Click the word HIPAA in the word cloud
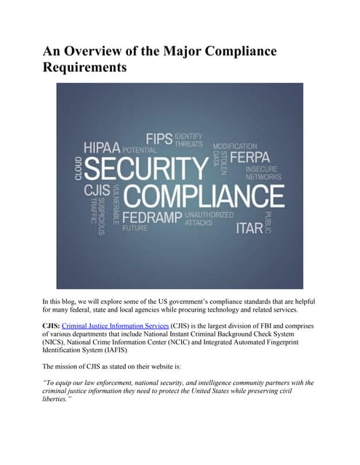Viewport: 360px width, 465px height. click(x=102, y=147)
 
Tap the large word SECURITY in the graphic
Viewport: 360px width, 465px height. click(x=146, y=169)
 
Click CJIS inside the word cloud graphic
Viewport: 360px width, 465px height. click(x=96, y=190)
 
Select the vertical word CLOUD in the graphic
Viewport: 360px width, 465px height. click(x=78, y=168)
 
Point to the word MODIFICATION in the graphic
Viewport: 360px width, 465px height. click(x=234, y=146)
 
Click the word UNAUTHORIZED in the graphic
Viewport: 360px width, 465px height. click(x=209, y=215)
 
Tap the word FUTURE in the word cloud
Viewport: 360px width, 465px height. click(x=135, y=228)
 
